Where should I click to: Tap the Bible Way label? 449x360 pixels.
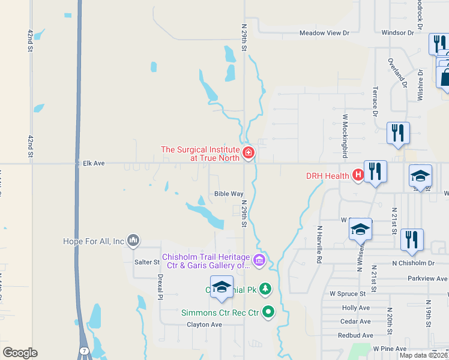pyautogui.click(x=229, y=194)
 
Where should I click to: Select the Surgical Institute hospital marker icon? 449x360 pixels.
pyautogui.click(x=248, y=154)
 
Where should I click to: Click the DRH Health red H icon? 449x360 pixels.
pyautogui.click(x=358, y=175)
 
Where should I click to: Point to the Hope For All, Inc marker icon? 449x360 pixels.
pyautogui.click(x=133, y=241)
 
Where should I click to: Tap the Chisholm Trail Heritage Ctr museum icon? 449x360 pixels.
pyautogui.click(x=259, y=260)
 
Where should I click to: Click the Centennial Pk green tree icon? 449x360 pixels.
pyautogui.click(x=265, y=289)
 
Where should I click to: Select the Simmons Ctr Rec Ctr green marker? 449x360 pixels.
pyautogui.click(x=268, y=312)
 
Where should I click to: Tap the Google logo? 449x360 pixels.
pyautogui.click(x=20, y=353)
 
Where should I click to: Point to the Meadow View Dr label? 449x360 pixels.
pyautogui.click(x=324, y=33)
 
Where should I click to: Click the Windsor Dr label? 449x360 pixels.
pyautogui.click(x=398, y=33)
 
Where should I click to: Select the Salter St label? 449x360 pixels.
pyautogui.click(x=147, y=262)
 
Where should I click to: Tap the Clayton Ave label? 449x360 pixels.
pyautogui.click(x=204, y=325)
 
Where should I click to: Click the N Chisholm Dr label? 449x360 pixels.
pyautogui.click(x=412, y=263)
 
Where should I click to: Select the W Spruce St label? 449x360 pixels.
pyautogui.click(x=348, y=294)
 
